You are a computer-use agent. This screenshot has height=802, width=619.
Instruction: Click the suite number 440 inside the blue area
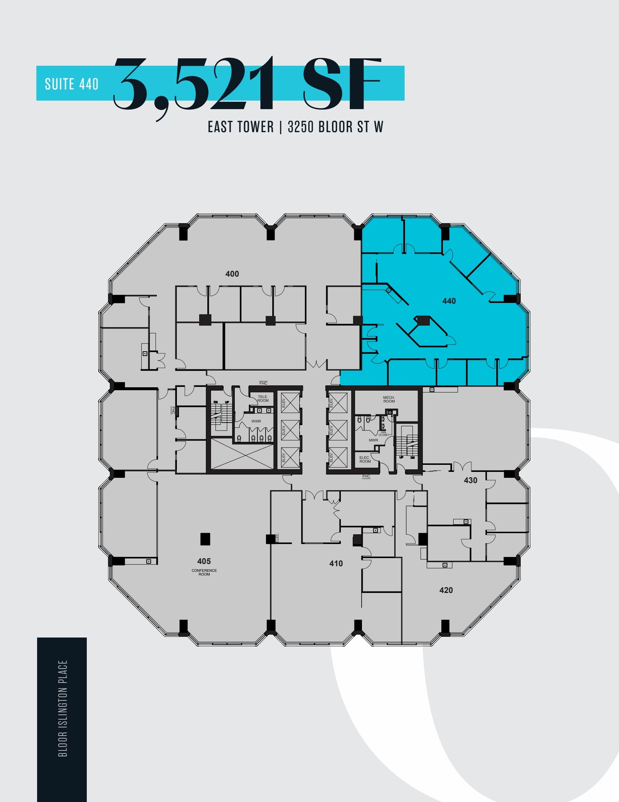pos(449,301)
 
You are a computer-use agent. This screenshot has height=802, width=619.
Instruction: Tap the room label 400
pos(232,274)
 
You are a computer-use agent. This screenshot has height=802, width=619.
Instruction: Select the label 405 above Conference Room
pos(204,561)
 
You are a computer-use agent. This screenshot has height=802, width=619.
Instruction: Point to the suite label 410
pos(336,564)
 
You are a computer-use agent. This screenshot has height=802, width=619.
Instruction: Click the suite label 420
pos(446,590)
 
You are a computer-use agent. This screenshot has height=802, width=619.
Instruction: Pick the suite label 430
pos(470,480)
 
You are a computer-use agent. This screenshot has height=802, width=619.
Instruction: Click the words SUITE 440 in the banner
pos(72,84)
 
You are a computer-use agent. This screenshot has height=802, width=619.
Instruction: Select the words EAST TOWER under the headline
pos(241,127)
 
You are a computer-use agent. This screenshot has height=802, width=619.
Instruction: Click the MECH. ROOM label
pos(389,399)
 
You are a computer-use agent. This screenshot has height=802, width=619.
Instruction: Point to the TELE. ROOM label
pos(263,399)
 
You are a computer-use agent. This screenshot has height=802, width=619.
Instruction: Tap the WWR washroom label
pos(256,421)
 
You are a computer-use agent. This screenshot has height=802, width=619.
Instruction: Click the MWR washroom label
pos(373,440)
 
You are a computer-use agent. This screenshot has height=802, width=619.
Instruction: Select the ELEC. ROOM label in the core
pos(365,459)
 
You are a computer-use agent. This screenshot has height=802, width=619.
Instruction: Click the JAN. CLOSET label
pos(384,434)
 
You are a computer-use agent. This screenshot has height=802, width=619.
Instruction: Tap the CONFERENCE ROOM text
pos(204,572)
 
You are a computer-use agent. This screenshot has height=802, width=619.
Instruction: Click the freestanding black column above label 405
pos(205,539)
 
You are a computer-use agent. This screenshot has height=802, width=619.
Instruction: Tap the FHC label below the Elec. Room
pos(366,476)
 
